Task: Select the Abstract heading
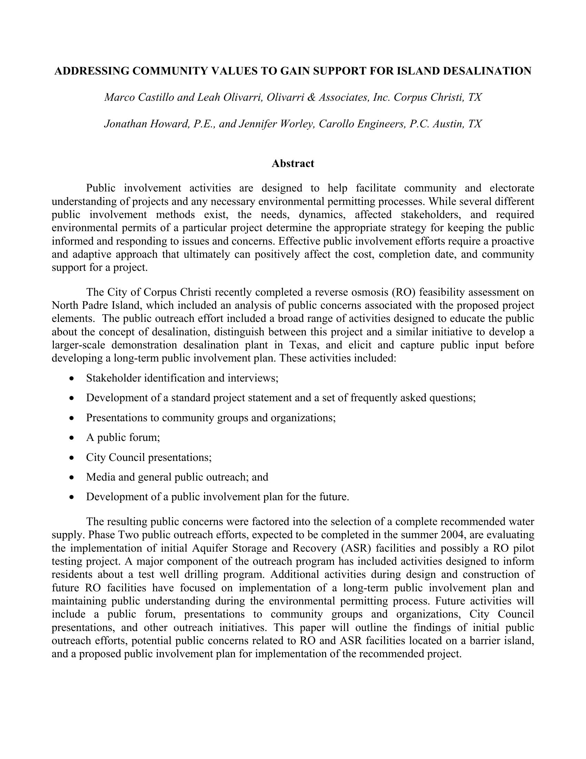tap(293, 163)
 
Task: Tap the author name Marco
tap(120, 97)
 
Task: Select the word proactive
tap(512, 241)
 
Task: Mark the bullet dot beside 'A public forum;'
tap(71, 438)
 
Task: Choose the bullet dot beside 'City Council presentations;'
tap(71, 458)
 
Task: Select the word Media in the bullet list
tap(101, 477)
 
